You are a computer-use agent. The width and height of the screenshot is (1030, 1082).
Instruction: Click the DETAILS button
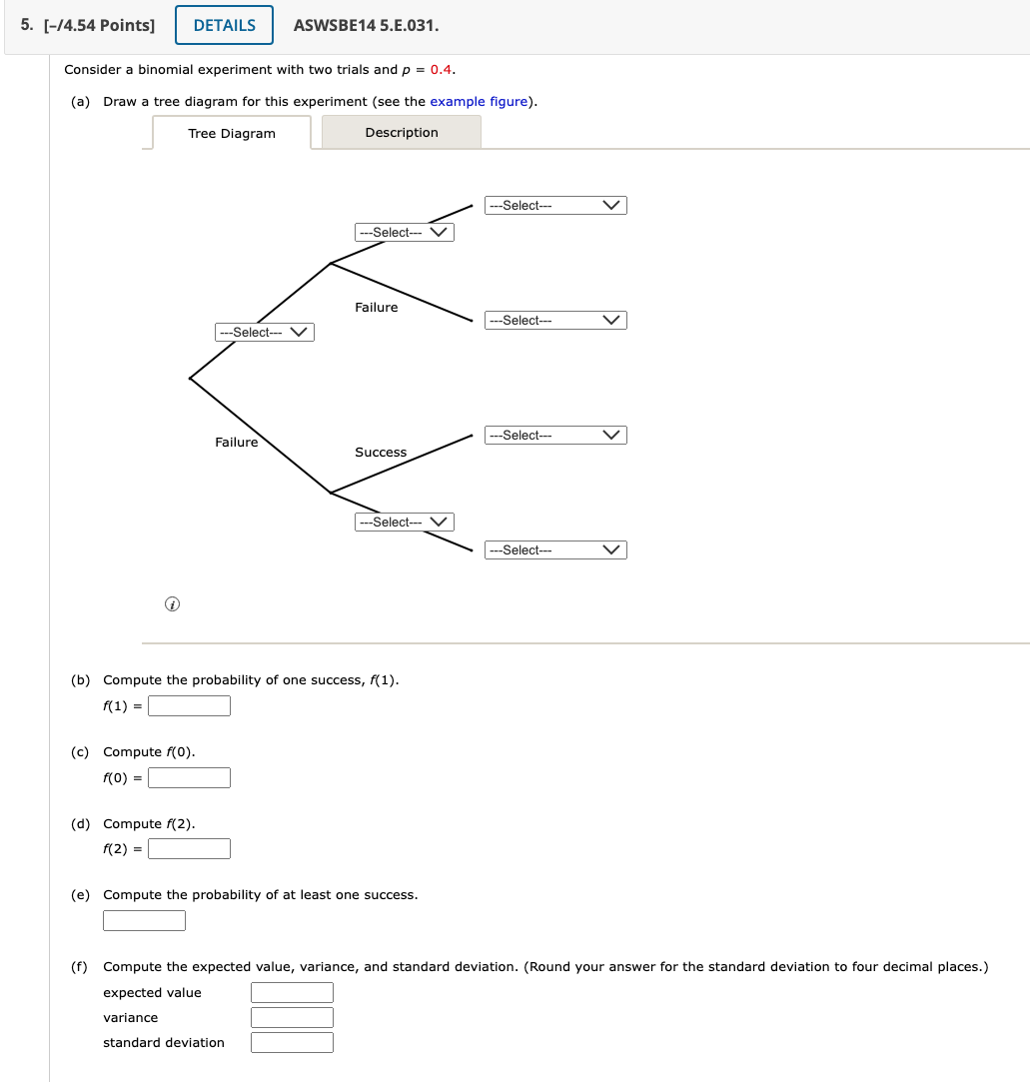click(x=224, y=26)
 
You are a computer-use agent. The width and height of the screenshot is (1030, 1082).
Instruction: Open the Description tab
click(x=401, y=133)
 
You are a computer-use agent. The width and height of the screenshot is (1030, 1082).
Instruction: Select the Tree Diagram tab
click(x=232, y=134)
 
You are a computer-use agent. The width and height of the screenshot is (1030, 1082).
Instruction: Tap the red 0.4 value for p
click(x=442, y=70)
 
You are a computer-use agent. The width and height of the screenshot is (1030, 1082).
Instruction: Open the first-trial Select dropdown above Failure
click(x=265, y=333)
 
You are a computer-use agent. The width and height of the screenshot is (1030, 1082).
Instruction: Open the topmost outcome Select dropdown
click(x=556, y=206)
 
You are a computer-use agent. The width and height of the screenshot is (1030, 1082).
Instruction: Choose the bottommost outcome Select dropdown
click(x=556, y=550)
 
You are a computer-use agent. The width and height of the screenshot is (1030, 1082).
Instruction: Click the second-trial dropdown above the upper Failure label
click(x=405, y=233)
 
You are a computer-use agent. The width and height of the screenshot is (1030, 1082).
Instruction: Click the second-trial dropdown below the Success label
click(x=405, y=523)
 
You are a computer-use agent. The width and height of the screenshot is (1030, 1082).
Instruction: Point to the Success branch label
click(x=381, y=453)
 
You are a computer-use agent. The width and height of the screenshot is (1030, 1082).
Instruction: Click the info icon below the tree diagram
click(x=172, y=604)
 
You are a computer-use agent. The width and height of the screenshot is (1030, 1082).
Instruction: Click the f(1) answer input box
click(x=190, y=706)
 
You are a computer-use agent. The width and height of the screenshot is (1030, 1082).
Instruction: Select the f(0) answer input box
click(x=190, y=777)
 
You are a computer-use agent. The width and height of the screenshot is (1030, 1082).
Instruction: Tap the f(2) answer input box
click(x=190, y=849)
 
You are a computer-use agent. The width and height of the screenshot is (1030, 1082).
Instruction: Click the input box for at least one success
click(x=144, y=921)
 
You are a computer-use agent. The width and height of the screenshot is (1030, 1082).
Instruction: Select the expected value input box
click(x=292, y=993)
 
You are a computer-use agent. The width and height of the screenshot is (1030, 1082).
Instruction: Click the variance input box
click(x=292, y=1018)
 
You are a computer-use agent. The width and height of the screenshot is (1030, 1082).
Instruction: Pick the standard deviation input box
click(x=292, y=1043)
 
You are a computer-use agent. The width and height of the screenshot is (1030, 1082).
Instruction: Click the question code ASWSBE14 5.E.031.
click(x=366, y=26)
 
